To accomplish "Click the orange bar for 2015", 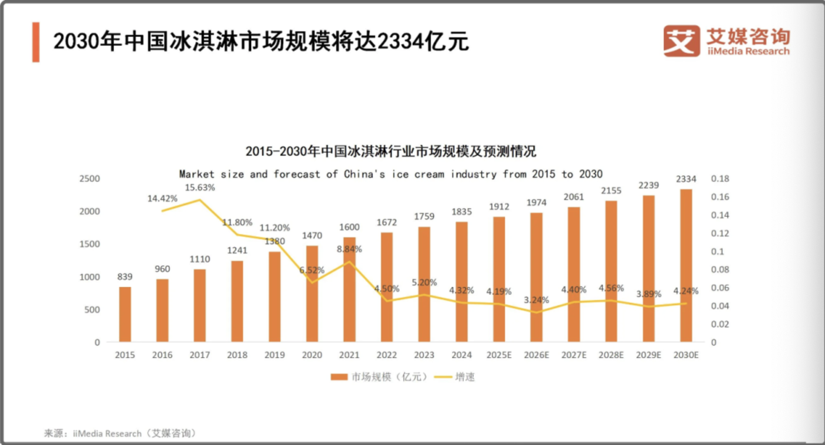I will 125,314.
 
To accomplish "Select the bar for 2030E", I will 686,265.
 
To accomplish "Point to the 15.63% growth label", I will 200,187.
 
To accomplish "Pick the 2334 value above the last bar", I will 686,179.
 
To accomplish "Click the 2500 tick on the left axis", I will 90,179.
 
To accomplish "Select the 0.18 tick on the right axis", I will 719,179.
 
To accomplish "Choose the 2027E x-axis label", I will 573,355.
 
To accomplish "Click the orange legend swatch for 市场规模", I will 339,377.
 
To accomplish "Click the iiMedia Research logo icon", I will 681,40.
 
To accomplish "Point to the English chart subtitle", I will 390,174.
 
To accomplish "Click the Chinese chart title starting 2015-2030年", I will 390,151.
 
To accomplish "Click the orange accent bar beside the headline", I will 36,42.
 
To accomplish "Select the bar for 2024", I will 461,282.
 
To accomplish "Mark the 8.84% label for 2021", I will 350,249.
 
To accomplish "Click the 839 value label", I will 124,276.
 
